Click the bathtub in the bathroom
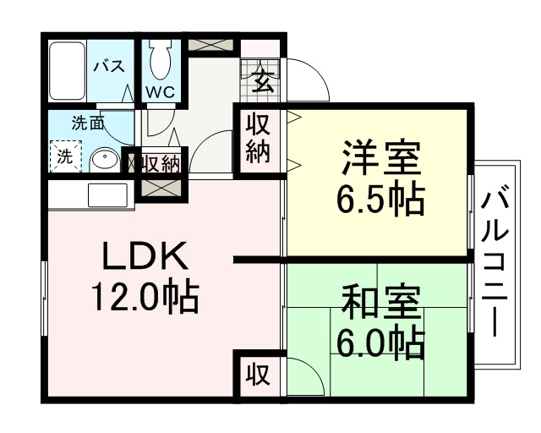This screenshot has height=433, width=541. point(67,71)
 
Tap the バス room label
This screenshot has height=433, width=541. point(109,66)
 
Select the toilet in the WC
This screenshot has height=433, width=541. point(161,59)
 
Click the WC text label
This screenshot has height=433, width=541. point(161,92)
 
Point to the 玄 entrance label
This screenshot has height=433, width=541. point(263,81)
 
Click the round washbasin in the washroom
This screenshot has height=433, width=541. point(105,162)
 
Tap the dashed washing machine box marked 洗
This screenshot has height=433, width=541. point(66,156)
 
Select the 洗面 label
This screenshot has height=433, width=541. point(87,123)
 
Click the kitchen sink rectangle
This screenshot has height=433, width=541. point(107,195)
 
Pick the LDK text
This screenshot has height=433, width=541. point(145,256)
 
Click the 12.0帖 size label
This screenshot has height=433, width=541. point(145,298)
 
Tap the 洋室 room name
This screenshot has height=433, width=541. point(381,158)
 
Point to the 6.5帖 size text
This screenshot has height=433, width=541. point(380,201)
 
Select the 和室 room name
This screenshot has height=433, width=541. point(381,303)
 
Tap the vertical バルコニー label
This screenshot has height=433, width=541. point(496,264)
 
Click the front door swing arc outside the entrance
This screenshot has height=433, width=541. point(308,80)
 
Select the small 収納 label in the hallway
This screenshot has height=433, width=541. point(161,164)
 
